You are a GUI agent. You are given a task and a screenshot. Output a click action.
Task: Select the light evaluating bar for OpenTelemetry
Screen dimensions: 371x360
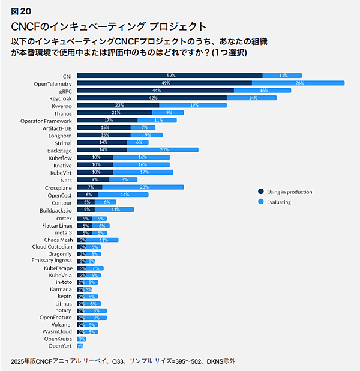coord(298,83)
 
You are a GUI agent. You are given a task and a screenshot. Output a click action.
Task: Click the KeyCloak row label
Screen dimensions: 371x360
coord(61,98)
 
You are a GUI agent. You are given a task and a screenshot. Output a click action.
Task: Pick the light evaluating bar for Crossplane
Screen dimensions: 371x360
coord(143,187)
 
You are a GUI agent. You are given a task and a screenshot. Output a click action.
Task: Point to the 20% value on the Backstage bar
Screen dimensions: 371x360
coord(164,150)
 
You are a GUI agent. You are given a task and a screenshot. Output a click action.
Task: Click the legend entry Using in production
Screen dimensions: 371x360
coord(289,192)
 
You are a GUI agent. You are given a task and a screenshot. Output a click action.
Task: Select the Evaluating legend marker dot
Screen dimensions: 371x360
coord(260,202)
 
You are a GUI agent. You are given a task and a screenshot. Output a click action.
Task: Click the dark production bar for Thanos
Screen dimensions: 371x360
coord(115,113)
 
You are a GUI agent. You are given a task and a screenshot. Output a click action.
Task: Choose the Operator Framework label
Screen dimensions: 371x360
coord(46,120)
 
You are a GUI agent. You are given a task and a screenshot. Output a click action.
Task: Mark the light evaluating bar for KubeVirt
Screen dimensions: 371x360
coord(143,172)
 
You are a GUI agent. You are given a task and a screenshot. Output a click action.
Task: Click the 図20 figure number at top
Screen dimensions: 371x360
coord(21,11)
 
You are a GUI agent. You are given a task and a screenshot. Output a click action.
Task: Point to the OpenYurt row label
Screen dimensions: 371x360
coord(60,346)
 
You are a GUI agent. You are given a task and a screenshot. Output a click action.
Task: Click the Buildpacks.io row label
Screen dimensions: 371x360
coord(56,210)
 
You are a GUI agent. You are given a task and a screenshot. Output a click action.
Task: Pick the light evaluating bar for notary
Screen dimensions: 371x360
coord(96,310)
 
